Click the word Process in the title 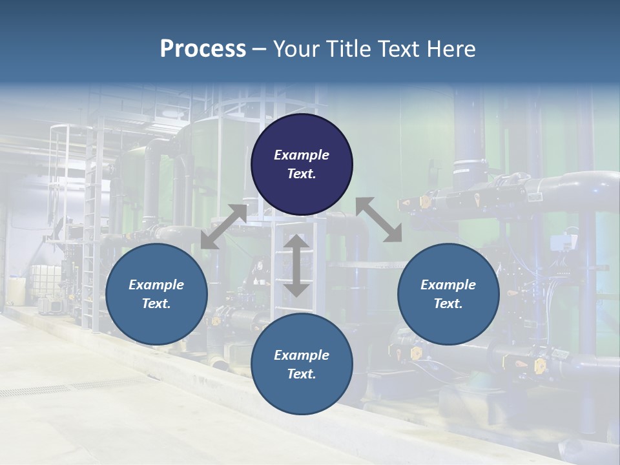203,49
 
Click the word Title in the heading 348,49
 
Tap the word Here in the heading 450,49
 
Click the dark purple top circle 302,164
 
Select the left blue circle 156,294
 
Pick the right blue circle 448,294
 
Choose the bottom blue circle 302,364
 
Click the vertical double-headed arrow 296,265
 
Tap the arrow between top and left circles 223,227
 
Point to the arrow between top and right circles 379,220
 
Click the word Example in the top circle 302,155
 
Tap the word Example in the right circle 448,285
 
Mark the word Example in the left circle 156,285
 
